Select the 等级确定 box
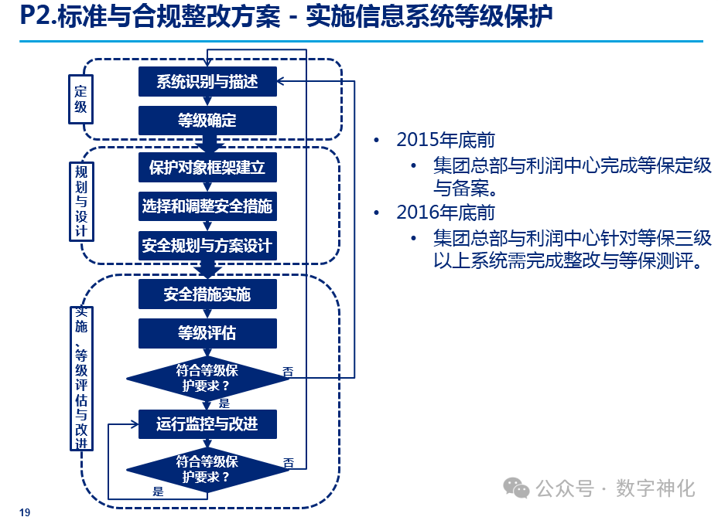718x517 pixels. pos(207,121)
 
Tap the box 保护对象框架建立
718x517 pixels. pos(207,167)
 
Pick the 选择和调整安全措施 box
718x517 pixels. pos(207,206)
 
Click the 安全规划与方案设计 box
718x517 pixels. pos(207,246)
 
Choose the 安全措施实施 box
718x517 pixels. pos(207,294)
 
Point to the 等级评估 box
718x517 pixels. pos(207,333)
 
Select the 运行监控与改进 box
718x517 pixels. pos(207,423)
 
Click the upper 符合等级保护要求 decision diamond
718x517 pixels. pos(207,378)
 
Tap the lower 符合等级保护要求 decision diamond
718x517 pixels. pos(207,469)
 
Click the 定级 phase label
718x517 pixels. pos(80,99)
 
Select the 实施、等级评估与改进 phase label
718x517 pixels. pos(81,378)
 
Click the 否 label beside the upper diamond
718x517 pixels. pos(288,372)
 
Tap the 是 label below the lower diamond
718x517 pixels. pos(158,491)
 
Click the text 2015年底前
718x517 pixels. pos(446,140)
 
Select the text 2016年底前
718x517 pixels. pos(446,212)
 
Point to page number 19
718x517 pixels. pos(25,512)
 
